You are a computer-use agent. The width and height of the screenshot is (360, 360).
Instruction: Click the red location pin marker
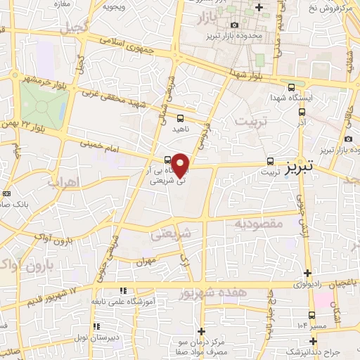(x=181, y=164)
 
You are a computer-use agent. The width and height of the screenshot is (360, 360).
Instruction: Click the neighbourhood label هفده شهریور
(x=214, y=291)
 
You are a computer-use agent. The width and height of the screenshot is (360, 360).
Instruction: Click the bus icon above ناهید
(x=181, y=118)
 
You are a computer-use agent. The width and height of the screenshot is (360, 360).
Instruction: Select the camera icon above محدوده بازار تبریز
(x=234, y=25)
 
